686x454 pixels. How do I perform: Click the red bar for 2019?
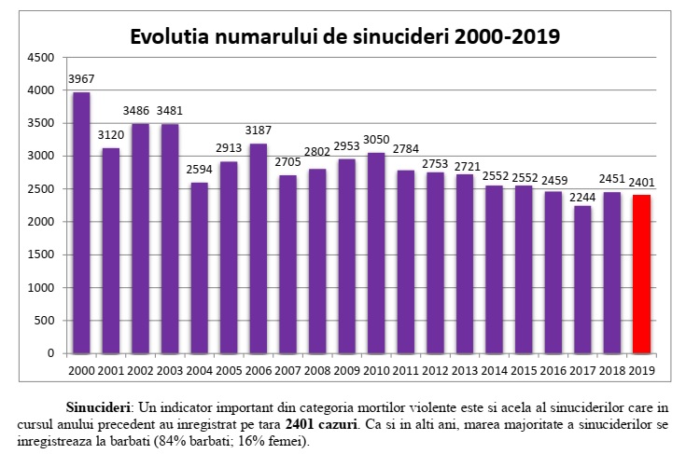coord(640,274)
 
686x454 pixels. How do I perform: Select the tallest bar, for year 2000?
coord(81,224)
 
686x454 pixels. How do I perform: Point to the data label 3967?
coord(81,78)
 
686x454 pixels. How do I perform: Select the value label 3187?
coord(257,130)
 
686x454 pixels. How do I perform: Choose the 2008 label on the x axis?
coord(315,371)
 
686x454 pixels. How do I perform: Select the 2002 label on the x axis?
coord(140,371)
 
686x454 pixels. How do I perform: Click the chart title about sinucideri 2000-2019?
coord(344,36)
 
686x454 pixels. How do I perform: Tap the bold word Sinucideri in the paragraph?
coord(99,408)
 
